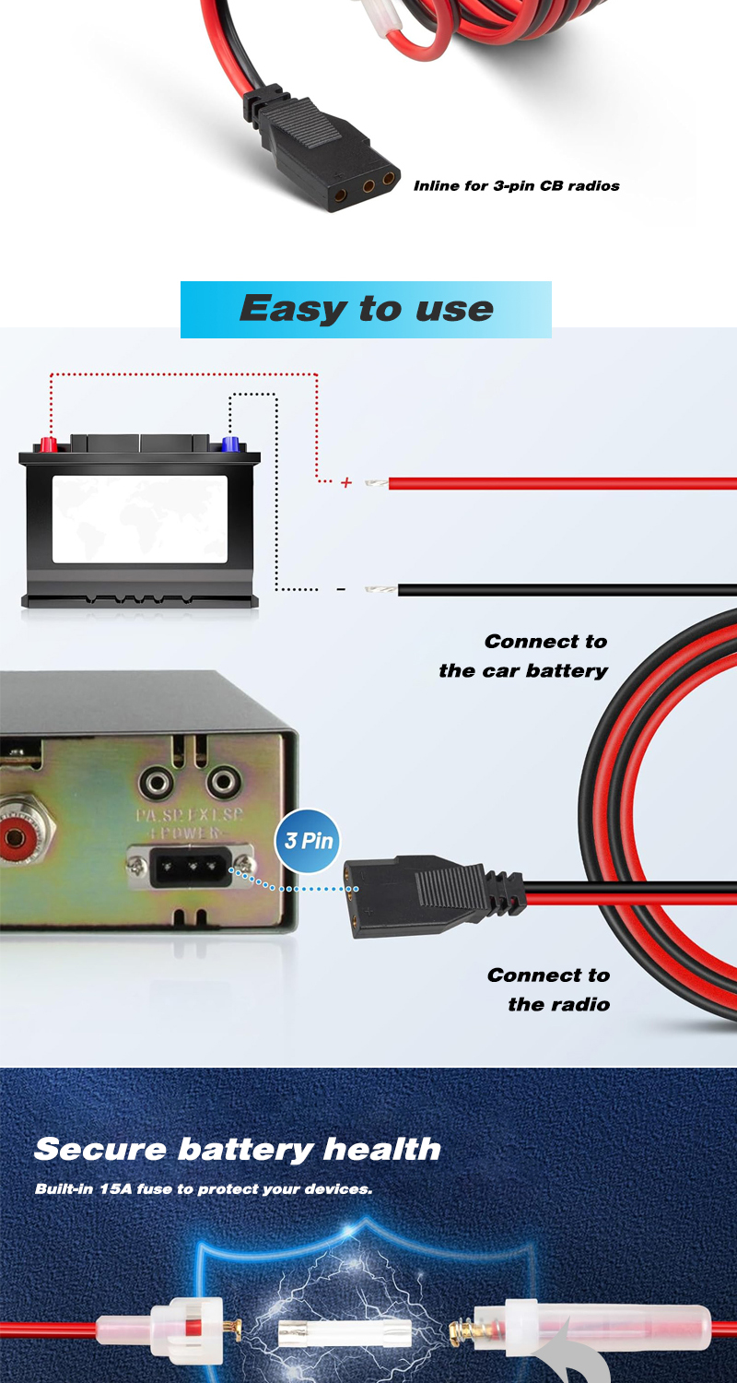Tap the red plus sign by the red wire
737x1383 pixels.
(x=346, y=482)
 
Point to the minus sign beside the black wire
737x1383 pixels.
(x=341, y=589)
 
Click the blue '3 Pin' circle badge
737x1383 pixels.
(x=308, y=841)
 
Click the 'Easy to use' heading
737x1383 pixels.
(x=366, y=309)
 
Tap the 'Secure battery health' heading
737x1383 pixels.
(x=237, y=1149)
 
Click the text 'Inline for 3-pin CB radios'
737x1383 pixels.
(x=516, y=185)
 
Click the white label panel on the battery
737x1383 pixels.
(x=139, y=518)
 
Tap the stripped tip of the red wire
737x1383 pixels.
(x=376, y=482)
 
